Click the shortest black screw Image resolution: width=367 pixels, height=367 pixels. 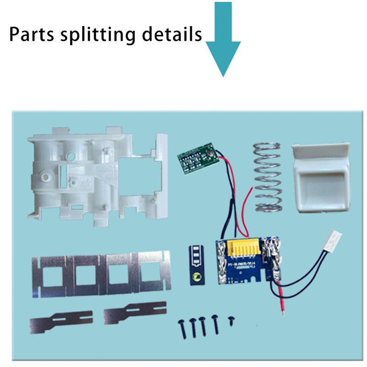pyautogui.click(x=231, y=319)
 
